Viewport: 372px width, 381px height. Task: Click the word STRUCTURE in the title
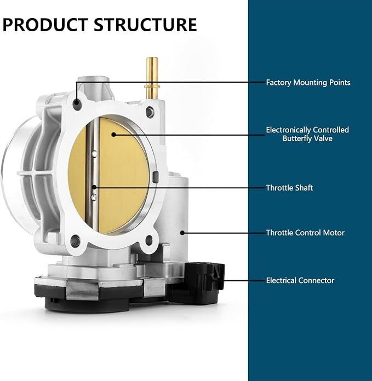coord(145,25)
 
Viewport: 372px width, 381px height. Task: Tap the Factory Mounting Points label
coord(308,83)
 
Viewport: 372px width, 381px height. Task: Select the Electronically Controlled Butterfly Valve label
coord(307,134)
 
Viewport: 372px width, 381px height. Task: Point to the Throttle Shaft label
coord(289,188)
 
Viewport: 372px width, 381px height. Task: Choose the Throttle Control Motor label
coord(305,233)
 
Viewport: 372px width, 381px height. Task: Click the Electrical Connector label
coord(300,280)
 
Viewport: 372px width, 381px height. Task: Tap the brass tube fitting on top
coord(152,79)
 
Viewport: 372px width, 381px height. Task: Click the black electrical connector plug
coord(204,283)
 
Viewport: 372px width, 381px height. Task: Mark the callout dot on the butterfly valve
coord(113,134)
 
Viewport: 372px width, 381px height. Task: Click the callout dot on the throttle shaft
coord(94,187)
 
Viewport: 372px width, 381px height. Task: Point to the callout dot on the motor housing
coord(182,233)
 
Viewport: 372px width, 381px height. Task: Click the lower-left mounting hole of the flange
coord(75,241)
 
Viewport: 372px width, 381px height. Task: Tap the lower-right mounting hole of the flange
coord(149,240)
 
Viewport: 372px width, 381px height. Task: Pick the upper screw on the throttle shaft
coord(94,154)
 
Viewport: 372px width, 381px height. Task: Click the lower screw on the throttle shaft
coord(94,197)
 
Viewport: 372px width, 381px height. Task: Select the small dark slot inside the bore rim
coord(156,177)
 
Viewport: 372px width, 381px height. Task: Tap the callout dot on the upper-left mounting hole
coord(77,102)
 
